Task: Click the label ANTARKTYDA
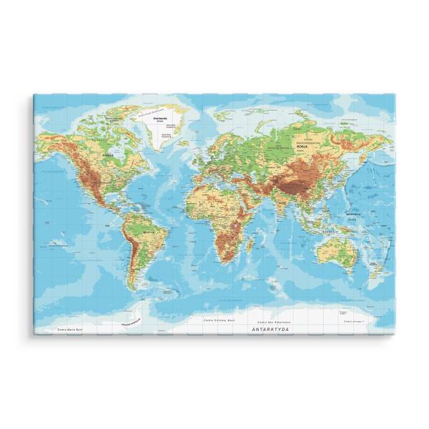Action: coord(271,330)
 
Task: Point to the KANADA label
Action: coord(108,153)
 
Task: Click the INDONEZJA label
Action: coord(331,231)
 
